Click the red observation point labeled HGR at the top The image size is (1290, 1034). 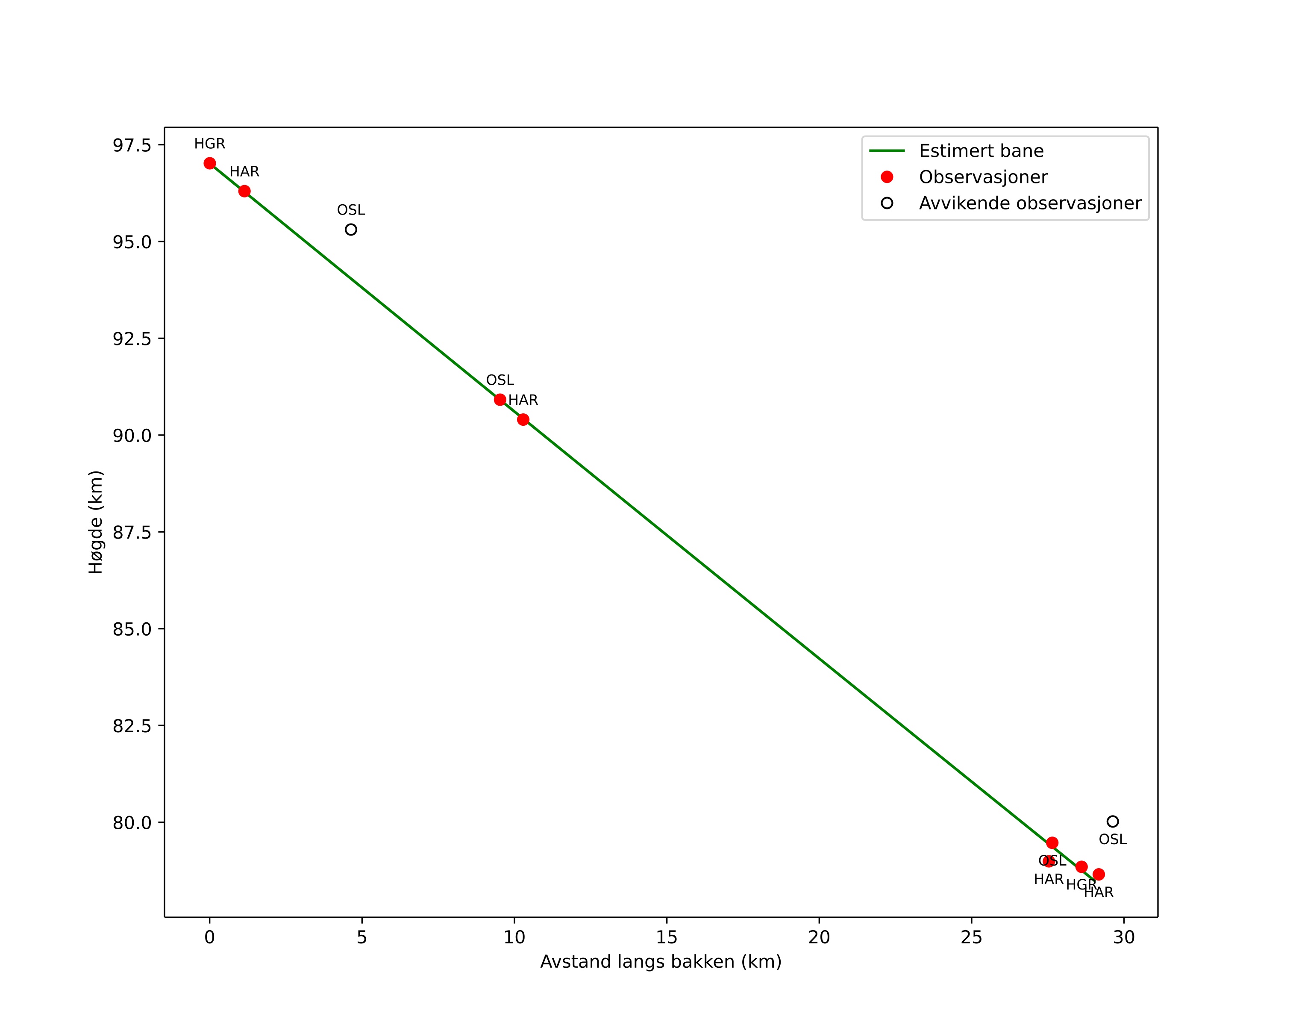pyautogui.click(x=209, y=163)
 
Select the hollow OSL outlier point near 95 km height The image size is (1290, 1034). pyautogui.click(x=351, y=230)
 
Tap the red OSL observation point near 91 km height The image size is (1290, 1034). pyautogui.click(x=500, y=400)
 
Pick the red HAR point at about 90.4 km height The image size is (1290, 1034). pyautogui.click(x=523, y=419)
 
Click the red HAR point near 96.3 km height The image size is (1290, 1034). pyautogui.click(x=244, y=191)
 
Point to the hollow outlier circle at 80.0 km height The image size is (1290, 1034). pyautogui.click(x=1112, y=822)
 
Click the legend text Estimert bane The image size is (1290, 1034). pyautogui.click(x=981, y=151)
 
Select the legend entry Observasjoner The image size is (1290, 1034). pyautogui.click(x=983, y=177)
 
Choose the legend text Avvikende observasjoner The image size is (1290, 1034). pyautogui.click(x=1030, y=203)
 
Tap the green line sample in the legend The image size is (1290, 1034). pyautogui.click(x=887, y=151)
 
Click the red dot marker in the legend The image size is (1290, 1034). pyautogui.click(x=887, y=177)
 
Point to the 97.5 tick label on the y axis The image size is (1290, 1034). pyautogui.click(x=132, y=145)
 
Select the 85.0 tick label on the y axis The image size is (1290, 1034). pyautogui.click(x=132, y=629)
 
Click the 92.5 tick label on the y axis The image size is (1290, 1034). pyautogui.click(x=132, y=339)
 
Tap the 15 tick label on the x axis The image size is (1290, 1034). pyautogui.click(x=667, y=938)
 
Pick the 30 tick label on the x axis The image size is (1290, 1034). pyautogui.click(x=1124, y=938)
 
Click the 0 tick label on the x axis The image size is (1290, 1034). pyautogui.click(x=209, y=938)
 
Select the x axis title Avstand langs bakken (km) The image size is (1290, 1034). pyautogui.click(x=661, y=962)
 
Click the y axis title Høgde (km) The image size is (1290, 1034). pyautogui.click(x=96, y=522)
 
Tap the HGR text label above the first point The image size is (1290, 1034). pyautogui.click(x=209, y=144)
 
